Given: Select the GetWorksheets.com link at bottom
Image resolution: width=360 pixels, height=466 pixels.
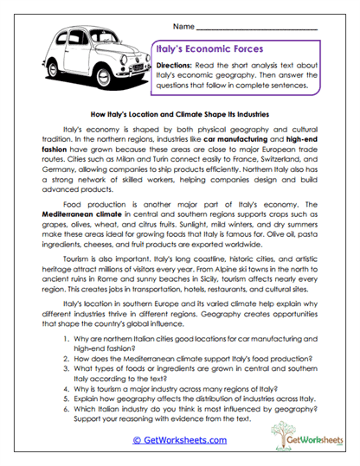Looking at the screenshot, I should coord(179,439).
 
